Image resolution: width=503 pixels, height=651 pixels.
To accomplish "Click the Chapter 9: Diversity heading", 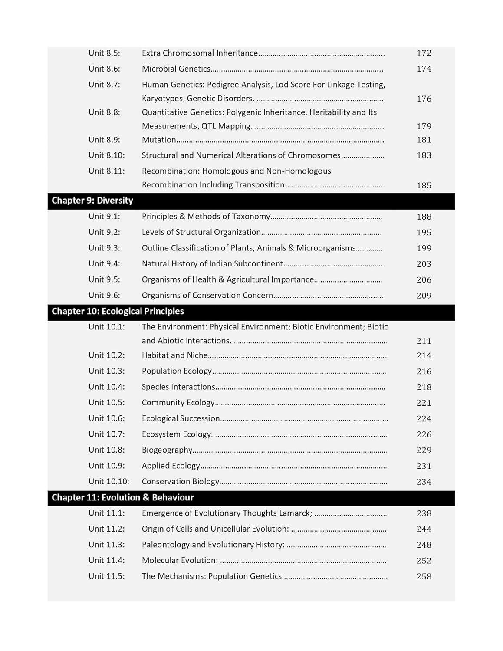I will tap(92, 201).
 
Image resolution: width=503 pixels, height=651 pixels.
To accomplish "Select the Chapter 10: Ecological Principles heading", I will tap(118, 311).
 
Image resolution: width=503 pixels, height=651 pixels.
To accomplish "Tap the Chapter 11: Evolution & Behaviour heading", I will tap(123, 497).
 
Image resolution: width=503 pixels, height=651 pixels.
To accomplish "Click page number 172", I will tap(424, 53).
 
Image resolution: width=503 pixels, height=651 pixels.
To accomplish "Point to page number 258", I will tap(424, 576).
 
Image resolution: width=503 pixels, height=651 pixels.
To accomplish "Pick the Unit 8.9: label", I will tap(105, 140).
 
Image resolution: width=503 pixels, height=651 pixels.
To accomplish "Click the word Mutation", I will tap(159, 140).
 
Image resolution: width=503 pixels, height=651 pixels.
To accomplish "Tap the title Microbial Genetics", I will tap(176, 69).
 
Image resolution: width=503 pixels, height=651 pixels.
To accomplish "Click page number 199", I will tap(424, 248).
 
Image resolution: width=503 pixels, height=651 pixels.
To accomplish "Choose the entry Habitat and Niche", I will tap(175, 355).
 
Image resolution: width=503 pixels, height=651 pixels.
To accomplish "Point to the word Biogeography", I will tap(167, 450).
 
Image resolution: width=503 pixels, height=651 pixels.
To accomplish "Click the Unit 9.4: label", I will tap(105, 264).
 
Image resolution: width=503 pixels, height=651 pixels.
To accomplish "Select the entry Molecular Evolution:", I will tap(180, 560).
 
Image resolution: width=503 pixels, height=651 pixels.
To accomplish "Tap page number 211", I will tap(424, 341).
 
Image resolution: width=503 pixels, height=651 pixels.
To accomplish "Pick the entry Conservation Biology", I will tap(181, 481).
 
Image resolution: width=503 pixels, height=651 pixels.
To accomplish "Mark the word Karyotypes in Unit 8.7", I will tap(162, 99).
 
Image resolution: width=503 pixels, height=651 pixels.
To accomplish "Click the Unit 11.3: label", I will tap(107, 545).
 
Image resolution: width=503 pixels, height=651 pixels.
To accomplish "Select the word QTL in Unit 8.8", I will tap(209, 126).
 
